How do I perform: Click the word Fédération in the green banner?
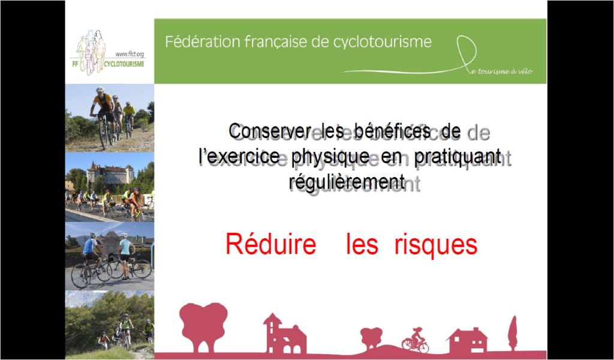[203, 41]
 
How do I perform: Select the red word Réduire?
[270, 244]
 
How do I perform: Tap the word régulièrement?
[347, 182]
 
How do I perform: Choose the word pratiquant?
[458, 158]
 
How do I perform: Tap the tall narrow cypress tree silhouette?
[513, 333]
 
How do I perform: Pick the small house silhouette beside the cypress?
[467, 340]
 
